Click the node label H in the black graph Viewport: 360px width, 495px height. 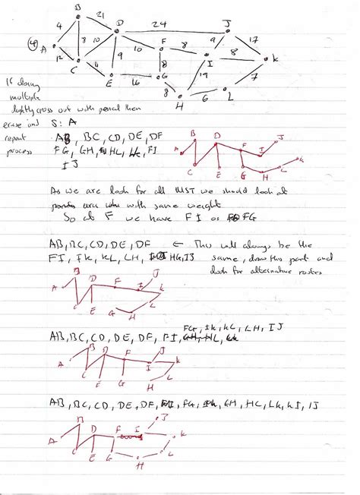pos(179,106)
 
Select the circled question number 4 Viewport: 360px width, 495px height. pos(33,44)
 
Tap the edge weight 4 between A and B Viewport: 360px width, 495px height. pos(59,27)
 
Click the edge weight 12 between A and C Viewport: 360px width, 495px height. pos(58,56)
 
